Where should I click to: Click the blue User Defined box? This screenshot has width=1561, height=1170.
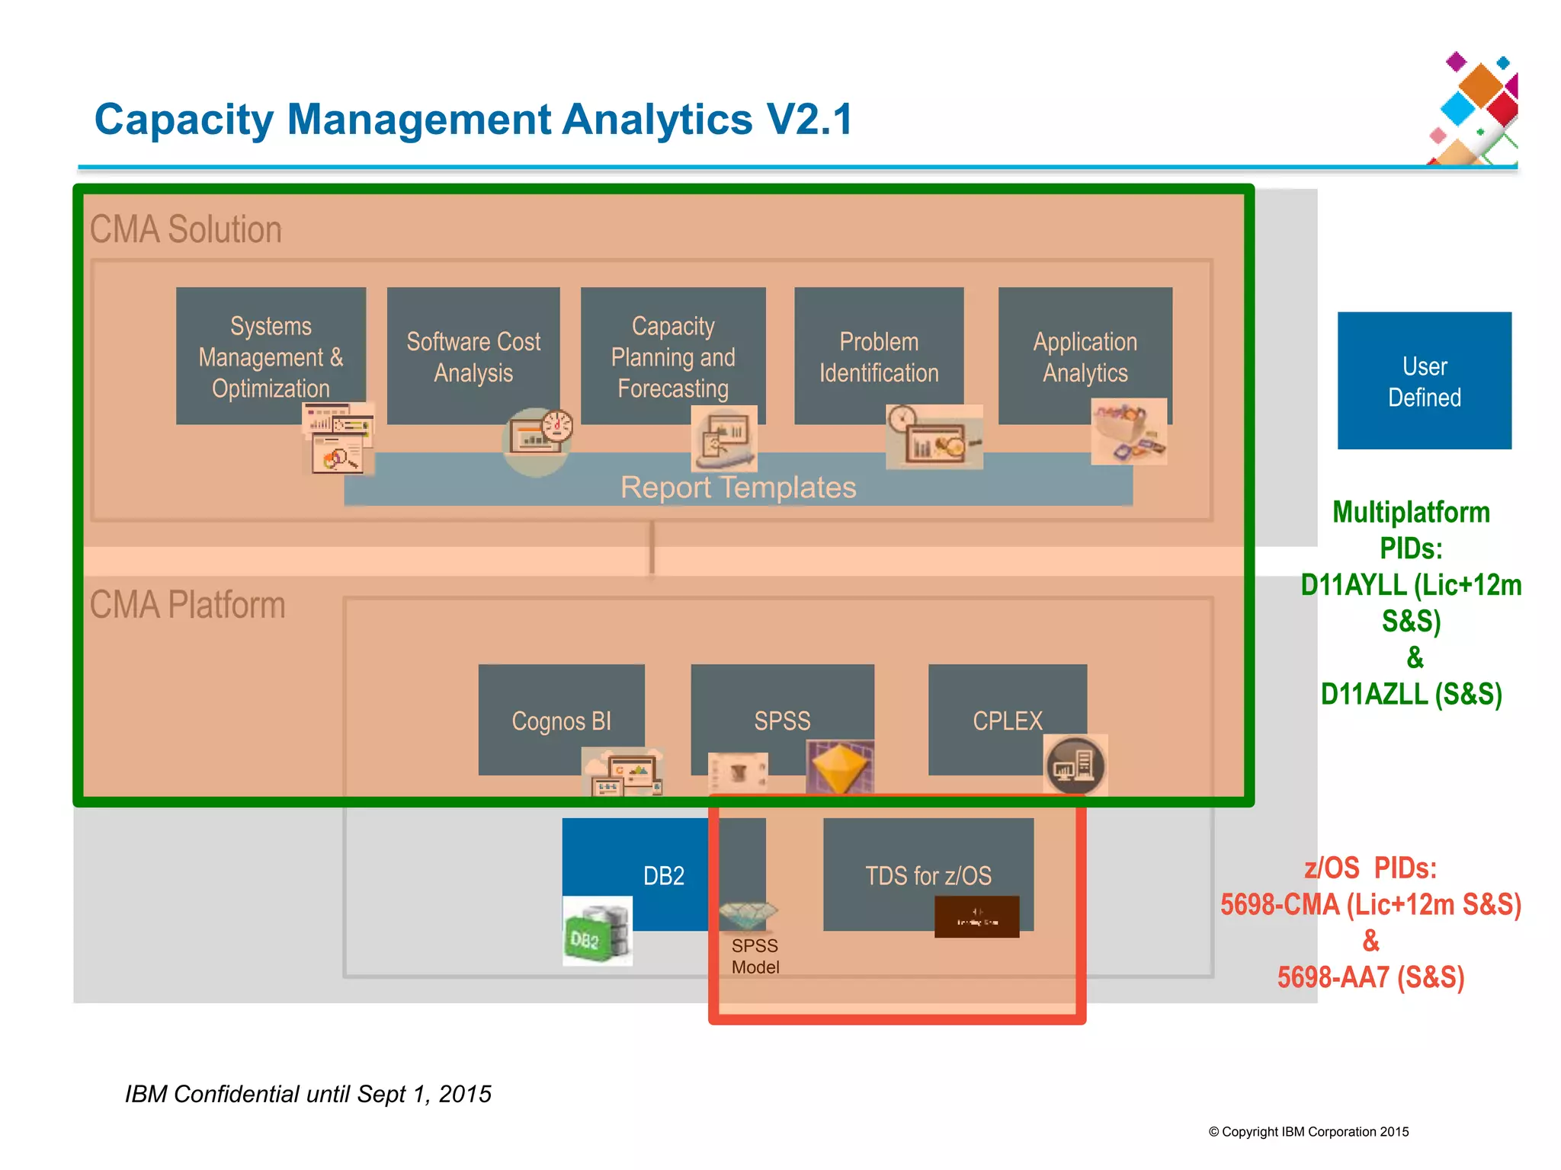[x=1424, y=381]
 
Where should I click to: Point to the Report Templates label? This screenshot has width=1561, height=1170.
[x=738, y=487]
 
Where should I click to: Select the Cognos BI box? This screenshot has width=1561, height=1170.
[x=561, y=719]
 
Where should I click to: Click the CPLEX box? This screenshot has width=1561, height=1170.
[x=1007, y=719]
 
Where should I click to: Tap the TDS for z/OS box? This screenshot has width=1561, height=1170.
[x=928, y=874]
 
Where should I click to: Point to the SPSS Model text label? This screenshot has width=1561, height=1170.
[x=755, y=957]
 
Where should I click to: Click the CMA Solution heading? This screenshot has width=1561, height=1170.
[x=186, y=229]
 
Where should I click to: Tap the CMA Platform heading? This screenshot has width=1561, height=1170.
[x=188, y=605]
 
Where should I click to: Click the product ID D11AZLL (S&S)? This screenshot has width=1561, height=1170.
[x=1411, y=694]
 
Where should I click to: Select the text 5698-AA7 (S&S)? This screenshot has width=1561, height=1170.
[x=1370, y=977]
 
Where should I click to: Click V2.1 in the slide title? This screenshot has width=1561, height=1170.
[x=809, y=120]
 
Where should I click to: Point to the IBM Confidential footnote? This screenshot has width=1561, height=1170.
[x=308, y=1094]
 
